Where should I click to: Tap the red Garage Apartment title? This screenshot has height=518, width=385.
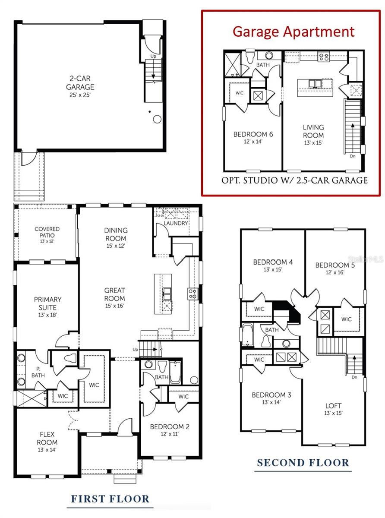click(293, 31)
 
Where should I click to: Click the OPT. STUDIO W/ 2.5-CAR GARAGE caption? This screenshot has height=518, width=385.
click(294, 180)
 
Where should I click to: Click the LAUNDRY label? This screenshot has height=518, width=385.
click(176, 223)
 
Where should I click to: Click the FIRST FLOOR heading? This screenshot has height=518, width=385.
click(110, 499)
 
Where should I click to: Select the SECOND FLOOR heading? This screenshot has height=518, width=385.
click(303, 463)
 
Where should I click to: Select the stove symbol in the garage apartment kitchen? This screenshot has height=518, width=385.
click(324, 56)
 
